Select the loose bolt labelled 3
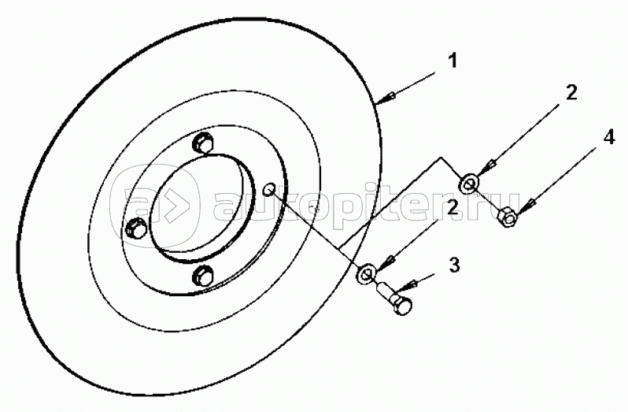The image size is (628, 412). [x=398, y=303]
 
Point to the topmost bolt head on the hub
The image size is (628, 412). [x=203, y=144]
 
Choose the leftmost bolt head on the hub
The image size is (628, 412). [x=135, y=228]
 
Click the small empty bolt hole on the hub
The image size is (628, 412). [x=268, y=189]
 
